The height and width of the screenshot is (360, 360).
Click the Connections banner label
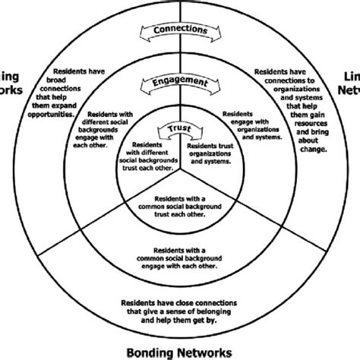[181, 31]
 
